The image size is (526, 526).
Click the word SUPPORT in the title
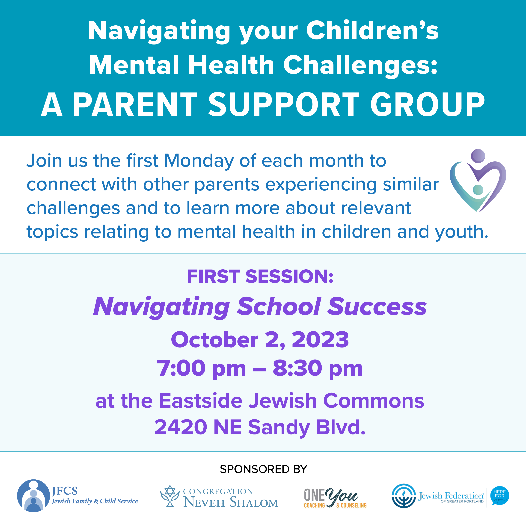pos(284,104)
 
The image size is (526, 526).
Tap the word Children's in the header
pos(372,31)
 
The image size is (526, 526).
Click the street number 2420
pos(181,427)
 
